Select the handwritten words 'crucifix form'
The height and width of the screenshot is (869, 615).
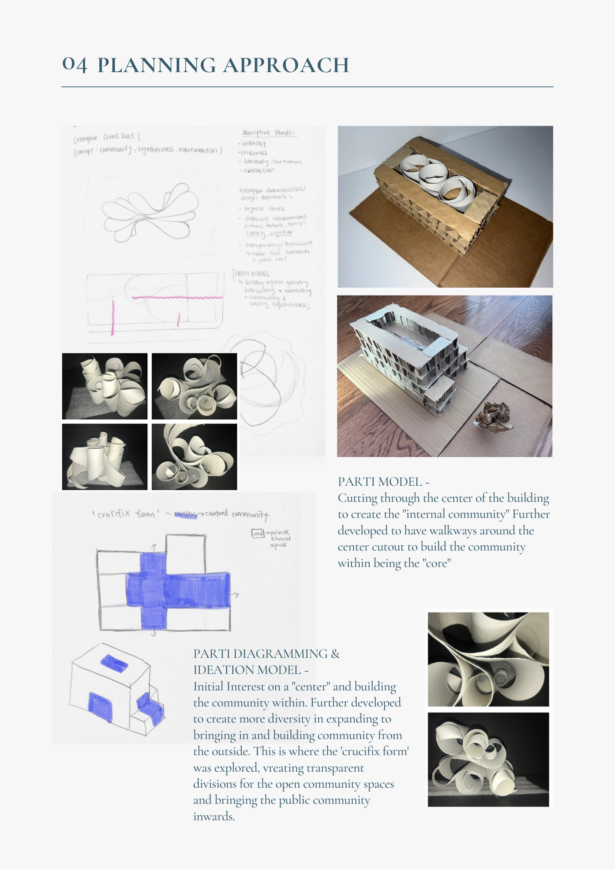tap(124, 514)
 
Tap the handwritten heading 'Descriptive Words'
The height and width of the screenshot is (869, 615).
tap(268, 133)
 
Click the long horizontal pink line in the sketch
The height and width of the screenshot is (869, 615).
tap(177, 298)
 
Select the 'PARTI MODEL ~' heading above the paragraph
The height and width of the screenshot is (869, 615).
tap(384, 481)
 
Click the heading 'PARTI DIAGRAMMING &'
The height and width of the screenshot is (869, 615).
tap(266, 653)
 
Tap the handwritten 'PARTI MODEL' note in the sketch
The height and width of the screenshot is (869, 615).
tap(252, 274)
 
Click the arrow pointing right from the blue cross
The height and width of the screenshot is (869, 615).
tap(235, 594)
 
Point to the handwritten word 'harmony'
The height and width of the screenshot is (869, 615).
tap(256, 161)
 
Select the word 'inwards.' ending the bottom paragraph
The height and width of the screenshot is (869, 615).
tap(214, 816)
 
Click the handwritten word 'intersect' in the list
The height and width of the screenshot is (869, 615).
tap(254, 143)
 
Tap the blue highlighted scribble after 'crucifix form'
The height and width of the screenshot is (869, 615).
tap(186, 514)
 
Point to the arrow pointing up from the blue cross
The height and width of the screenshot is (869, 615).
tap(154, 546)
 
